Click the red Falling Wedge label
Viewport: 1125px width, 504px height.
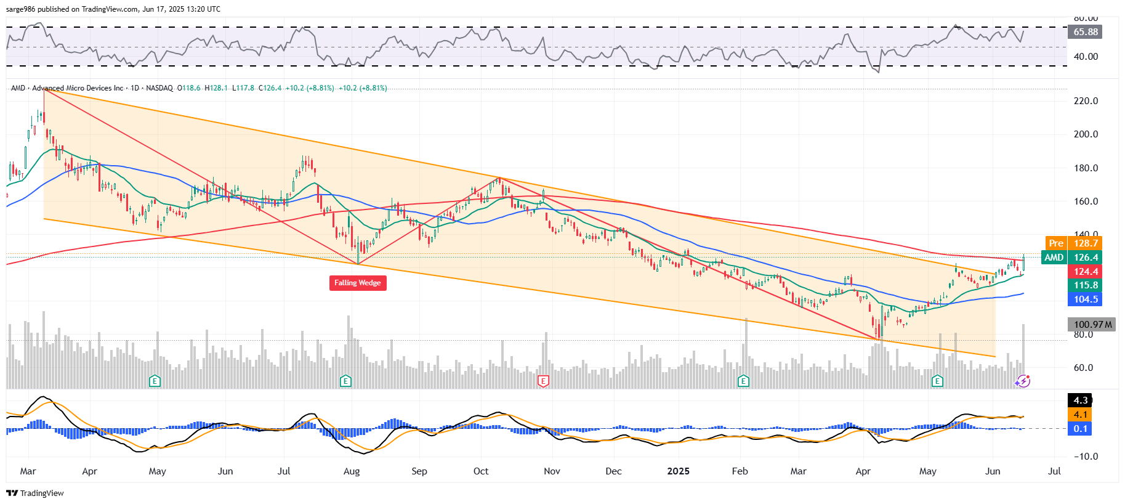pyautogui.click(x=358, y=283)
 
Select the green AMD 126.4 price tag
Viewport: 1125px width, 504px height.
pyautogui.click(x=1072, y=258)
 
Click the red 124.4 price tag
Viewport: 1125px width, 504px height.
pyautogui.click(x=1086, y=272)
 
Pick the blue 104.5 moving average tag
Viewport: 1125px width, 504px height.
pyautogui.click(x=1086, y=299)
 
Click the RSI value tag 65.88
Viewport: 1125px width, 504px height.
pyautogui.click(x=1085, y=32)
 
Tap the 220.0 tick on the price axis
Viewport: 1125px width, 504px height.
pyautogui.click(x=1086, y=101)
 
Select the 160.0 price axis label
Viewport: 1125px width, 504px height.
pyautogui.click(x=1086, y=201)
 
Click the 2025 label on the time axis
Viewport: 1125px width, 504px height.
pyautogui.click(x=678, y=471)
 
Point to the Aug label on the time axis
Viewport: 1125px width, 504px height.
pyautogui.click(x=352, y=471)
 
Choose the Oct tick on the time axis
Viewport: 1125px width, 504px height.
pyautogui.click(x=481, y=471)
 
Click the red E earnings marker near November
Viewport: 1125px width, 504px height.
pyautogui.click(x=542, y=381)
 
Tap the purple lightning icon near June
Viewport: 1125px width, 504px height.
pyautogui.click(x=1023, y=381)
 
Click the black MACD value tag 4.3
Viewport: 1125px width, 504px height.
pyautogui.click(x=1080, y=400)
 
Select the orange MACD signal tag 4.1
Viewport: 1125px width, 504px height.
pyautogui.click(x=1080, y=415)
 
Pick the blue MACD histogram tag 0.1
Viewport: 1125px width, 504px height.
pyautogui.click(x=1080, y=429)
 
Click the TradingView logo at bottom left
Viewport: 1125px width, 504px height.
pyautogui.click(x=35, y=493)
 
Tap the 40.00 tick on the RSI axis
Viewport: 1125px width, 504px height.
pyautogui.click(x=1086, y=57)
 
